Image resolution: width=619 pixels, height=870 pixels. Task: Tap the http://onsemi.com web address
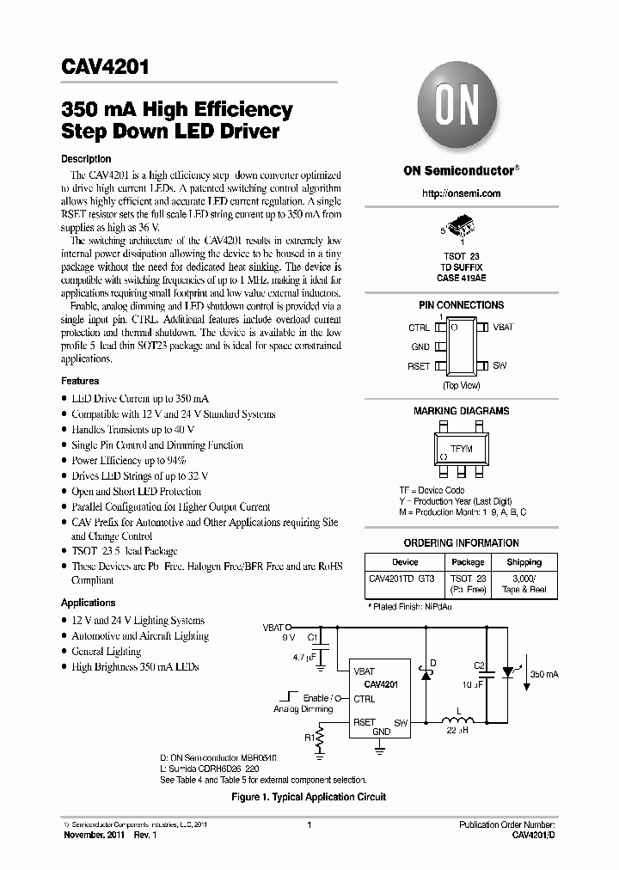pos(461,193)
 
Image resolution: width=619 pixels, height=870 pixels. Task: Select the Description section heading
pos(86,159)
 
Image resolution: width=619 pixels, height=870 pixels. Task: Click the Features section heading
pos(80,381)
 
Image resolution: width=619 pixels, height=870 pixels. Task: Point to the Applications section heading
pos(88,603)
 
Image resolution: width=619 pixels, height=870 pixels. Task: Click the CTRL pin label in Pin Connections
pos(419,328)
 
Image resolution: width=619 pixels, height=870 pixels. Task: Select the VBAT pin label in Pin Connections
pos(503,328)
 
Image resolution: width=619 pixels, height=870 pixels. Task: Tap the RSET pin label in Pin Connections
pos(419,365)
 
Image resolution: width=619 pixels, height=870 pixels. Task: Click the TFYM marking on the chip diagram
pos(462,450)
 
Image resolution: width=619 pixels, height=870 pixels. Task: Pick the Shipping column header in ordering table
pos(524,562)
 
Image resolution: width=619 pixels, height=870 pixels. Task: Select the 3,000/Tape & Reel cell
pos(524,585)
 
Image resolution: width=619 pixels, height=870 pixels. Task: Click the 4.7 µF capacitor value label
pos(305,657)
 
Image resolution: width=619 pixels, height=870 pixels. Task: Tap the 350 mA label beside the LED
pos(544,675)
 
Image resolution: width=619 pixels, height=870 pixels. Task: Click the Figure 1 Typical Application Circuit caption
pos(309,797)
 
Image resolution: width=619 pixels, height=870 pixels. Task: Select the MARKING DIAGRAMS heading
pos(461,411)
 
